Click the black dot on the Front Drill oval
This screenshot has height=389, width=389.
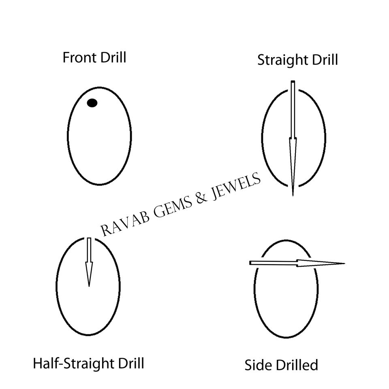coord(92,103)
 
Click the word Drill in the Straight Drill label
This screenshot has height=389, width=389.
coord(324,60)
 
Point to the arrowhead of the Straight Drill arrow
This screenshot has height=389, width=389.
coord(293,162)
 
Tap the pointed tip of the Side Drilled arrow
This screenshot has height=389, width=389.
coord(343,263)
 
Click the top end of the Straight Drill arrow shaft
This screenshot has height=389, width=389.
coord(293,82)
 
